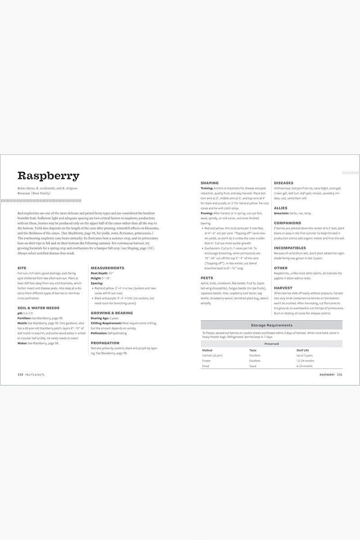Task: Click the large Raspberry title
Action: point(48,176)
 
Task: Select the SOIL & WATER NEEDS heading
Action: point(38,308)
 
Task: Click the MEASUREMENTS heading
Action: point(107,268)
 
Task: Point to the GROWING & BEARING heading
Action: point(112,312)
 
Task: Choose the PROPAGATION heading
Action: point(105,342)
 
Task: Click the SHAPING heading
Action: point(209,183)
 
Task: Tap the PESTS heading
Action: point(207,278)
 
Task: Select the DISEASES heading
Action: point(283,183)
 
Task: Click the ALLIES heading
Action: point(280,208)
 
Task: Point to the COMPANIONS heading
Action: point(288,223)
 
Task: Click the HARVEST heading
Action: point(283,288)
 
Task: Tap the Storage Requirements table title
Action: point(271,325)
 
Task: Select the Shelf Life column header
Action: point(303,350)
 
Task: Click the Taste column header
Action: point(253,350)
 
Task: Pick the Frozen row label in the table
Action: point(207,360)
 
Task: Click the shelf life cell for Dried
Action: point(304,366)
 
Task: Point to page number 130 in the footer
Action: point(20,374)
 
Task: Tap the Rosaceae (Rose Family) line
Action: point(35,193)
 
